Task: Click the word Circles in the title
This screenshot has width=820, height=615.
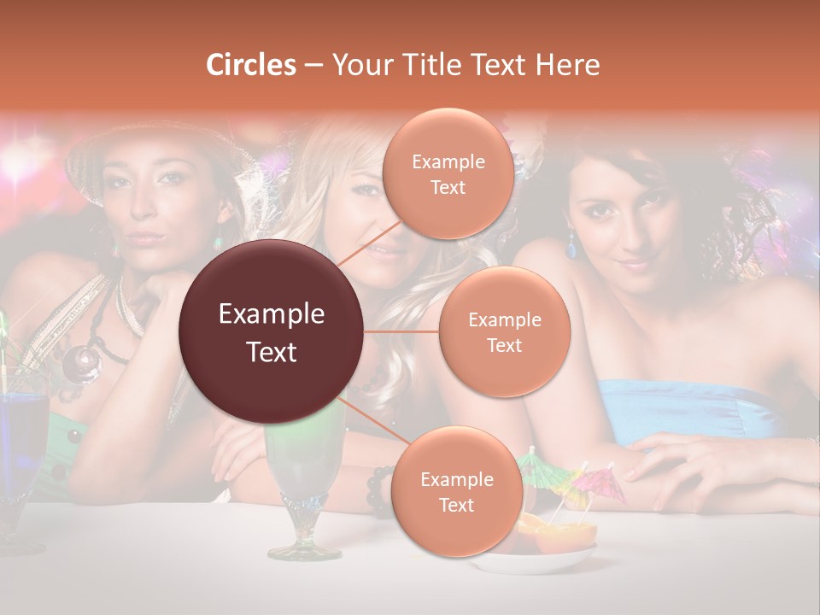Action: click(x=251, y=65)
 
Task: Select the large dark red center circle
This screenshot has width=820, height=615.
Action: click(x=272, y=332)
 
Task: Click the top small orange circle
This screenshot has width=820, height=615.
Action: click(x=448, y=173)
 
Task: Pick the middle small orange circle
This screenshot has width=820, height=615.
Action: click(x=504, y=331)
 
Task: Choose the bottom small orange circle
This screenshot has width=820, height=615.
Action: click(x=456, y=491)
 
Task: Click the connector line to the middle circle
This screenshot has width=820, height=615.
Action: click(x=401, y=331)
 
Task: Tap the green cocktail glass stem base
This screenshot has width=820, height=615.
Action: click(x=305, y=548)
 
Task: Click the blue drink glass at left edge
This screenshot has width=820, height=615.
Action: click(x=20, y=444)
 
